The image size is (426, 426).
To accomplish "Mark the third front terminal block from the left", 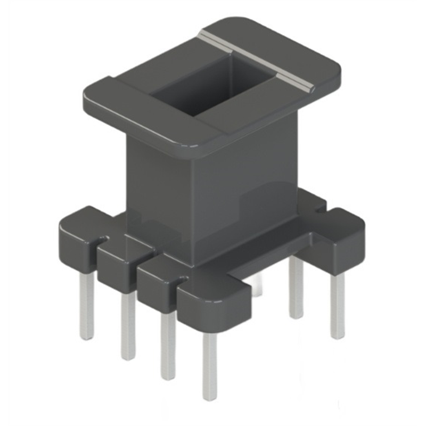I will (x=157, y=277).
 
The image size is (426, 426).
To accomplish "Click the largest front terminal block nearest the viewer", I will (x=213, y=304).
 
